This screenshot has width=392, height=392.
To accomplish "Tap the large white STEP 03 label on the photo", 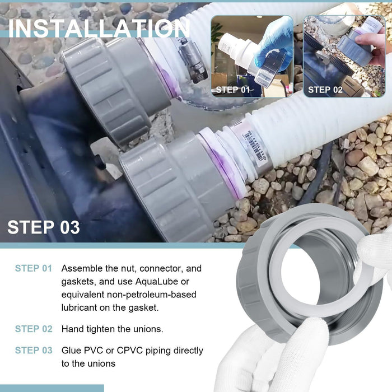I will (x=43, y=227).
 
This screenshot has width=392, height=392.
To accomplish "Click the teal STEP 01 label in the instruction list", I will (x=34, y=269).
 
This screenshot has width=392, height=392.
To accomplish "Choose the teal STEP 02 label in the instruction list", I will (x=34, y=329).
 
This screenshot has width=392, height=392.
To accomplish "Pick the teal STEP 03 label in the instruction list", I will (x=34, y=351).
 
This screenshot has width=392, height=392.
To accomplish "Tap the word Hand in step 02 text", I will (x=73, y=329).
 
